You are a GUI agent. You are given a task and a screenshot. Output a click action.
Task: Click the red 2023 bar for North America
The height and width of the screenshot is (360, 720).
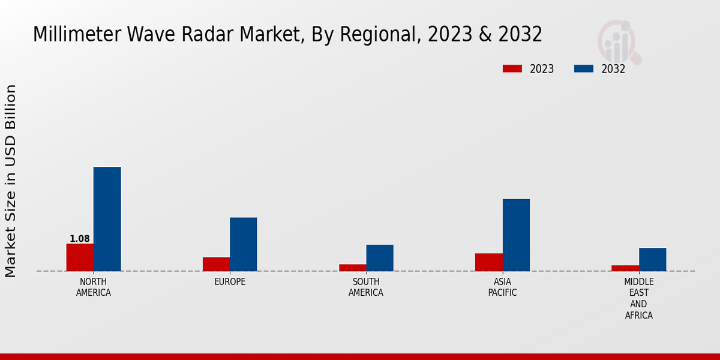pos(80,257)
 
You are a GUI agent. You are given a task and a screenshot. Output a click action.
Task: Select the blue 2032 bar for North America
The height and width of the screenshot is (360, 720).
pos(107,219)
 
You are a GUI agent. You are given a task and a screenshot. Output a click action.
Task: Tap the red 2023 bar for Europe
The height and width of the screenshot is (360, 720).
pos(216,264)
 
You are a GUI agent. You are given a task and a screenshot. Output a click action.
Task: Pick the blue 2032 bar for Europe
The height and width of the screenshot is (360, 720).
pos(243,244)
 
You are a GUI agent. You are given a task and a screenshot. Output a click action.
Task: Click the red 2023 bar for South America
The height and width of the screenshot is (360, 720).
pos(352,268)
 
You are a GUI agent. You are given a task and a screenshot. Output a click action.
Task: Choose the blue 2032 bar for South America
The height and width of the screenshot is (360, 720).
pos(380,258)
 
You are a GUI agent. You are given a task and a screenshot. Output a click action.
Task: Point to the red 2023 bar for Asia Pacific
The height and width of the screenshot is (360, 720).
pos(488,262)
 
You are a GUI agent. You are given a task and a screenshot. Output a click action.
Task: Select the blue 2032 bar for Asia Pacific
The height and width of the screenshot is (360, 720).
pos(516,235)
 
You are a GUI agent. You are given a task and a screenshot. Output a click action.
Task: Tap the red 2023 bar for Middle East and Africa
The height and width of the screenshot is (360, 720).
pos(625,268)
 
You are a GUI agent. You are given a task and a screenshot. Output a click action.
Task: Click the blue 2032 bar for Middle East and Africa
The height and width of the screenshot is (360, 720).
pos(652,259)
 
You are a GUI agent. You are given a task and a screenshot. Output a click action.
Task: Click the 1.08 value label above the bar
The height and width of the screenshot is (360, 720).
pos(80,239)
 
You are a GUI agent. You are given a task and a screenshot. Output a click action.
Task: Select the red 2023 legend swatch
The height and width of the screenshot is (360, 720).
pos(512,69)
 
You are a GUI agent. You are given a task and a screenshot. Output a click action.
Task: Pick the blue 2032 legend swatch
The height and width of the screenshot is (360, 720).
pos(584,69)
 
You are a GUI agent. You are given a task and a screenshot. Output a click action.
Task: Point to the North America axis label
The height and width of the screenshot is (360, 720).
pos(94,287)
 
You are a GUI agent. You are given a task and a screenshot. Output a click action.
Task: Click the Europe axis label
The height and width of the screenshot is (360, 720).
pos(230,282)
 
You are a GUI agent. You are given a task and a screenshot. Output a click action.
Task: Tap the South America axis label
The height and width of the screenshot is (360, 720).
pos(366,287)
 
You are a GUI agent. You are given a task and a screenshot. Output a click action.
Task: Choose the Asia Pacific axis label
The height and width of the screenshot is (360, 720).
pos(502,287)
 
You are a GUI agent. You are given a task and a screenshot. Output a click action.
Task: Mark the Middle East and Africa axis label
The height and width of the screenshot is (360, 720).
pos(639,298)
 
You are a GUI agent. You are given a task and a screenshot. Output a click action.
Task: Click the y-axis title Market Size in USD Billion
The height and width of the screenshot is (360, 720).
pos(11,181)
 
